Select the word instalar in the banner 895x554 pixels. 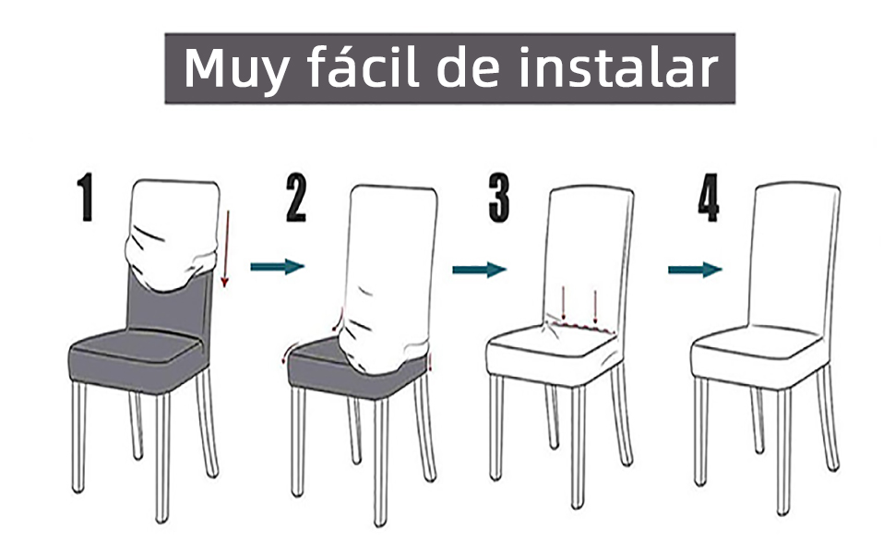pos(617,67)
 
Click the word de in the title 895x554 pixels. pos(469,67)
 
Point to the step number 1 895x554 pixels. pos(86,197)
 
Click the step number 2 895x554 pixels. pos(296,198)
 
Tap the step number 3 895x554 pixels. pos(499,199)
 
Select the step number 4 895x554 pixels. pos(709,198)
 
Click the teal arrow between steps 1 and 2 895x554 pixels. pos(278,266)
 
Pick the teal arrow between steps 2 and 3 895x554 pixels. pos(480,269)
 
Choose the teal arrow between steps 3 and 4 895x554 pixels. pos(695,269)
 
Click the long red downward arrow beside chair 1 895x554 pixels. pos(225,248)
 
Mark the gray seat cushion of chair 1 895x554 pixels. pos(137,360)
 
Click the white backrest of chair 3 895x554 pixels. pos(591,251)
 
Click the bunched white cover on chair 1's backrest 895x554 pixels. pos(173,235)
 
